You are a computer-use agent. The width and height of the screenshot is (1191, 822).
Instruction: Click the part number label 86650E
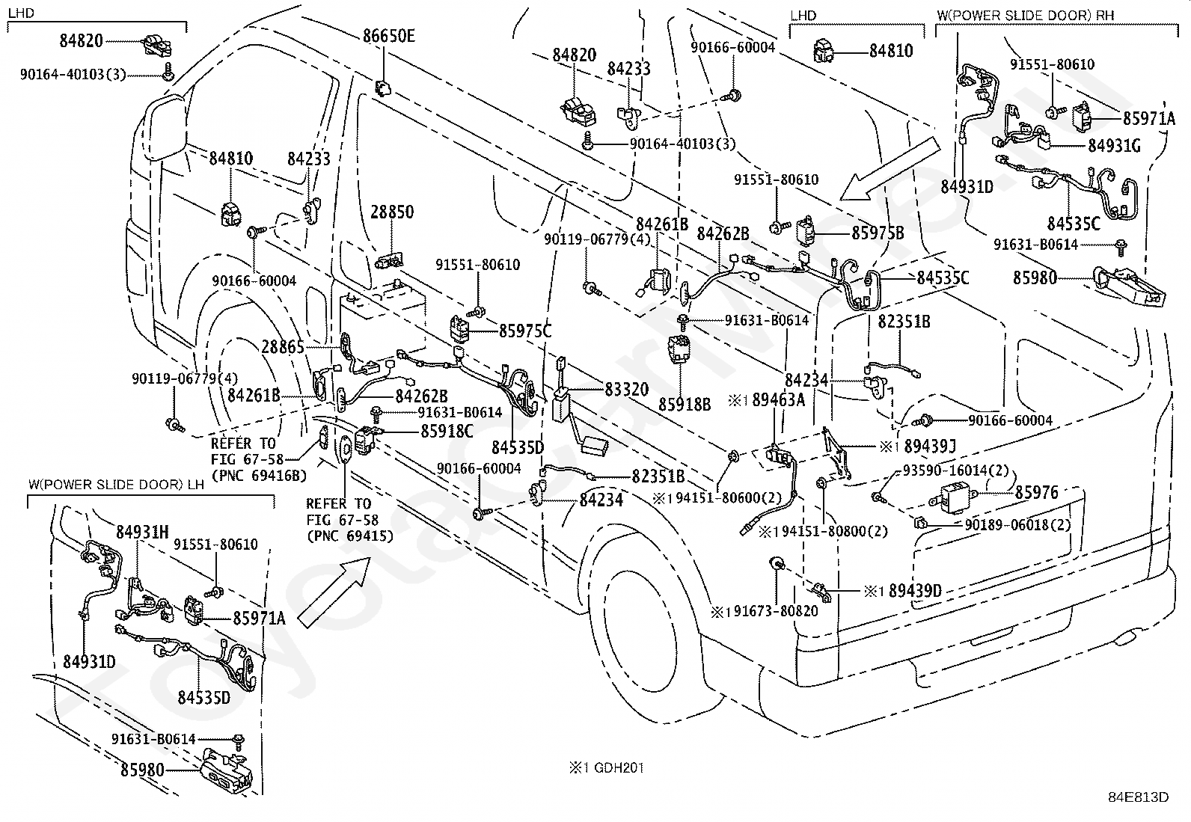point(389,36)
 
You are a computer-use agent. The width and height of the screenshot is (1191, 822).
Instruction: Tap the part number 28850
point(392,212)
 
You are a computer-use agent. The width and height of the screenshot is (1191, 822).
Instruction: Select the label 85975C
point(524,331)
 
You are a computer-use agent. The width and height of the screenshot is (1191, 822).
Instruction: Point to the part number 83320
point(627,389)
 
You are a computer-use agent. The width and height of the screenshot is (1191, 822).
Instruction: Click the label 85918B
point(685,405)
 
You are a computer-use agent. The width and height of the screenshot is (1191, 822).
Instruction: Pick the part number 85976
point(1037,492)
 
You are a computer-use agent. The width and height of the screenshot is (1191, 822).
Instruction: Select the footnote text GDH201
point(619,767)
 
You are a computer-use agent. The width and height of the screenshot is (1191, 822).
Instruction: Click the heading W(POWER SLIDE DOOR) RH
point(1025,15)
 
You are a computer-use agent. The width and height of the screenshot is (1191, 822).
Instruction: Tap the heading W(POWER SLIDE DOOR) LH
point(116,485)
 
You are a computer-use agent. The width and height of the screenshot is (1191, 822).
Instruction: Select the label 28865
point(283,347)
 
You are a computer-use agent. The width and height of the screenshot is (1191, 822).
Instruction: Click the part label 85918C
point(447,431)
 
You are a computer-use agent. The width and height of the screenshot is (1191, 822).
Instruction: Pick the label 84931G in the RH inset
point(1115,145)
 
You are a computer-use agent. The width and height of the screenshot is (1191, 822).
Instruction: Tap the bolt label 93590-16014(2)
point(955,470)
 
